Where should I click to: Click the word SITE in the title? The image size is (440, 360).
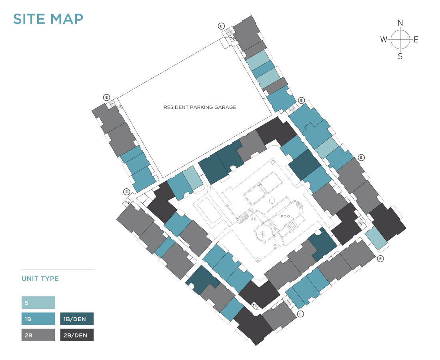[29, 19]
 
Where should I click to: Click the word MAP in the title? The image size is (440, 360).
[67, 19]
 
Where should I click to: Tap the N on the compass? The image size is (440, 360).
[400, 23]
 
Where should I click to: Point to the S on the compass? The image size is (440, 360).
[400, 56]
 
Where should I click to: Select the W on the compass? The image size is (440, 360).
[384, 40]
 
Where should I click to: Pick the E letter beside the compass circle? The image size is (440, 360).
[416, 40]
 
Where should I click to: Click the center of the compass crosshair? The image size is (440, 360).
[400, 40]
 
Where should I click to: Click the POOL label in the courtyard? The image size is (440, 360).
[287, 216]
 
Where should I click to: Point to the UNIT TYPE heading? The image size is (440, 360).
[40, 279]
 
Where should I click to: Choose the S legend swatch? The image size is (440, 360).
[38, 302]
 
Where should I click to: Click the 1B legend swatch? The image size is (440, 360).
[38, 319]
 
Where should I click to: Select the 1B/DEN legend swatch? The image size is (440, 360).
[77, 319]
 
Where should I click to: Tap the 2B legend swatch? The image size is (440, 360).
[38, 335]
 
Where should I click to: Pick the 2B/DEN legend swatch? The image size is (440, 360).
[77, 335]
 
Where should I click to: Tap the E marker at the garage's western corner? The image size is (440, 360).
[106, 97]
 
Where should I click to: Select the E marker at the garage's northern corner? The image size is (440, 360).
[222, 26]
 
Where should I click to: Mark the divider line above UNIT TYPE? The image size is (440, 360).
[58, 270]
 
